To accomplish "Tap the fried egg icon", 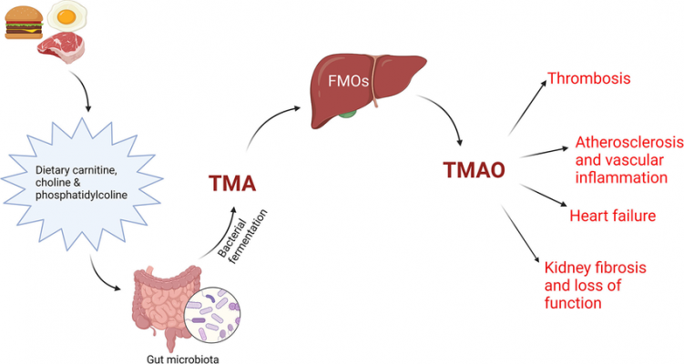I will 66,15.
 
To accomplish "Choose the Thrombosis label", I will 589,78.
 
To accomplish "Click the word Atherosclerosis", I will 628,143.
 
